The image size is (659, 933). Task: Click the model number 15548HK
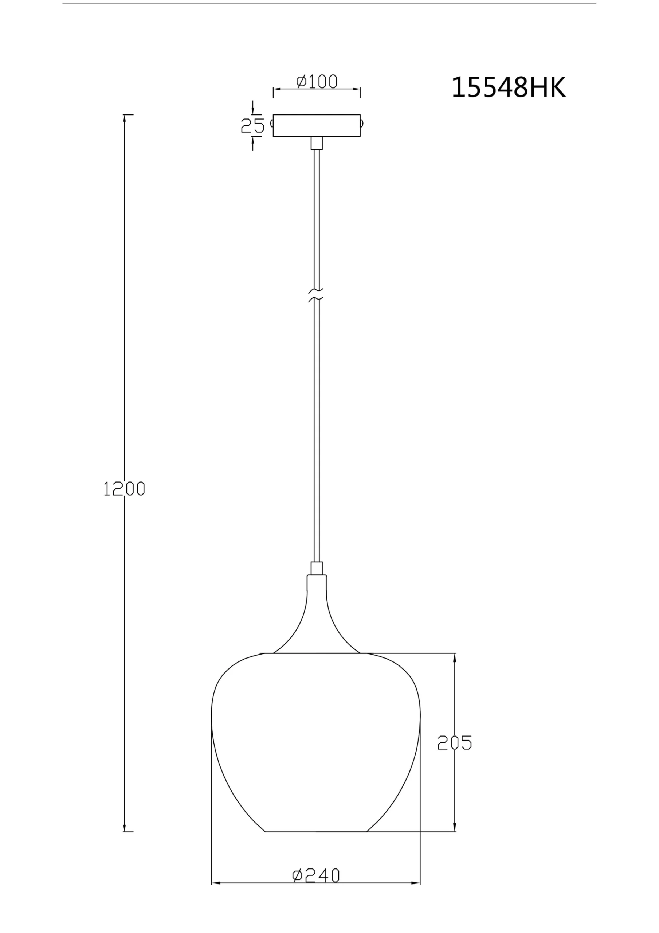coord(508,87)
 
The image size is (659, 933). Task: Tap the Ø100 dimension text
coord(317,82)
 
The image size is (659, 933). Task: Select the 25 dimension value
coord(252,126)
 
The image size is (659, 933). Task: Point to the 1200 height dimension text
coord(124,488)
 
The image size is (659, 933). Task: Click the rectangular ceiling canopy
coord(317,126)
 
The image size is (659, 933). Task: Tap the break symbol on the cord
coord(316,296)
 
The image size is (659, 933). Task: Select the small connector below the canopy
coord(317,143)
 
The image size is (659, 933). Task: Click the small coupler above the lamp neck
coord(317,568)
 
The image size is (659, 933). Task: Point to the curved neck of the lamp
coord(317,609)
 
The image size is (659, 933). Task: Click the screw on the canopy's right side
coord(362,123)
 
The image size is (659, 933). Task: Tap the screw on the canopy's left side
coord(271,123)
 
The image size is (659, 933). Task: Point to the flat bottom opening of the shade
coord(316,831)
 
